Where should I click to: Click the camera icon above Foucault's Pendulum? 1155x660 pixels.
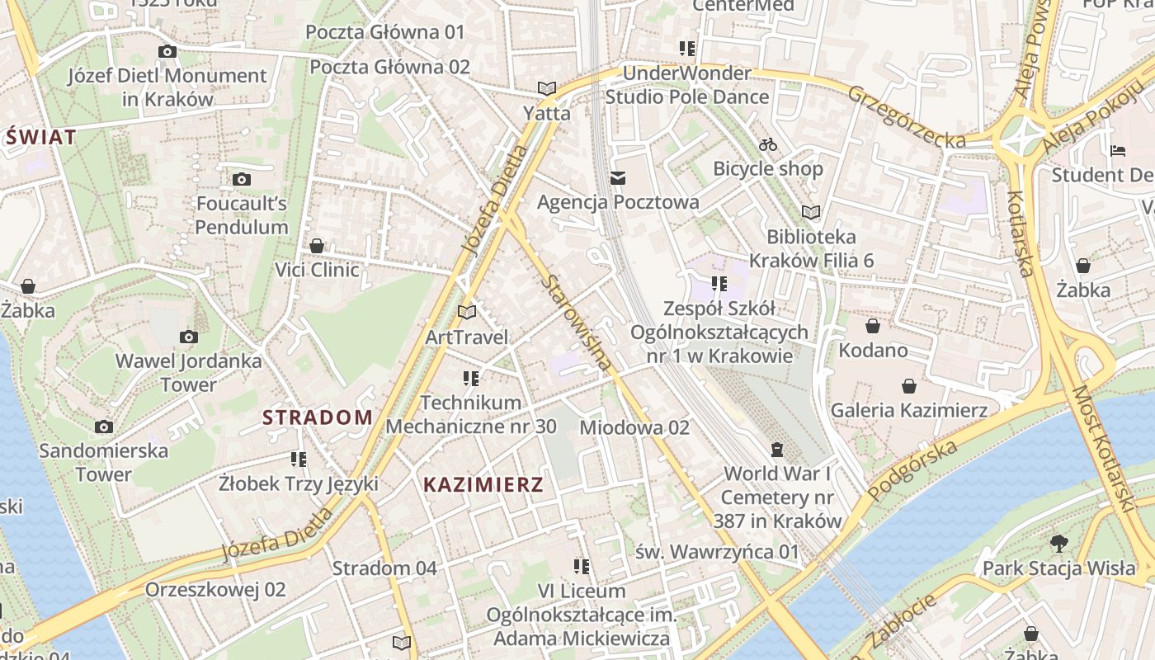coord(241,179)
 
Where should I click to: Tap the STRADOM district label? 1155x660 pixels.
coord(318,417)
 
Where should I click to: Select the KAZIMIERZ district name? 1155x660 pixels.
coord(483,485)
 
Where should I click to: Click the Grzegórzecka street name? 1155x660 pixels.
coord(907,117)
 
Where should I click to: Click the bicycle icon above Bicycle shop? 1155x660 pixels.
coord(768,144)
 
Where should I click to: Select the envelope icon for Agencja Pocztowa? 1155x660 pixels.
coord(618,178)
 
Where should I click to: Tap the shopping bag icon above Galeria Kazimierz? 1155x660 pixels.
coord(908,386)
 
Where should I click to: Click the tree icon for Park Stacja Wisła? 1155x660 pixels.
coord(1059,544)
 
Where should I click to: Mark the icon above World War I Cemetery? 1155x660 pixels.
coord(776,450)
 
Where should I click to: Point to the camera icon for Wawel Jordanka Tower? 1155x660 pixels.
coord(189,337)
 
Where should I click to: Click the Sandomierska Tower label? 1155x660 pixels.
coord(104,462)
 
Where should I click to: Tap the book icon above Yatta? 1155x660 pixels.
coord(546,88)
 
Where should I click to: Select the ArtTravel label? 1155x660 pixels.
coord(467,337)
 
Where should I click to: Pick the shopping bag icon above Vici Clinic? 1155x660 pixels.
coord(317,246)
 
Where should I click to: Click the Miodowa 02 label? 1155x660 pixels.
coord(634,427)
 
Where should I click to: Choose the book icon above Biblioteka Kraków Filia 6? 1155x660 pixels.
coord(811,213)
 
